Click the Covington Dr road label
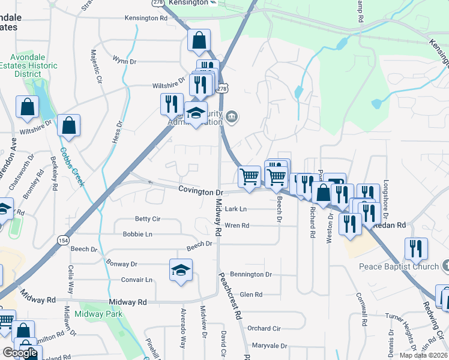[x=200, y=191]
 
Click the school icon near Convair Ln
[x=181, y=271]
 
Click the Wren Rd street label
[x=237, y=226]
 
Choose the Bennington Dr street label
[x=251, y=274]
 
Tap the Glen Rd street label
[x=251, y=295]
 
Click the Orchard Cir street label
[x=264, y=328]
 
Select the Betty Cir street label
[x=148, y=219]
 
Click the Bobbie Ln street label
[x=137, y=234]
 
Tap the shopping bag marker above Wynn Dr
[x=199, y=41]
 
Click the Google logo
[x=20, y=353]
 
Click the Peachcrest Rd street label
[x=230, y=295]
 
